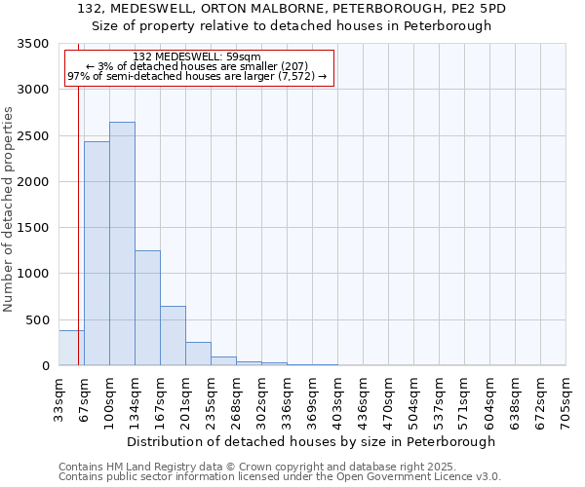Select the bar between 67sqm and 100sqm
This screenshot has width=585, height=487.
coord(97,253)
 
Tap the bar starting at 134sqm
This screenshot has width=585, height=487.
coord(147,308)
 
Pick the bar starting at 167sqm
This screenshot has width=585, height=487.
coord(173,336)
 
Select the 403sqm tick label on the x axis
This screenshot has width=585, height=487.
coord(337,399)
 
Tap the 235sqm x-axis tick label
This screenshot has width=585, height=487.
coord(211,399)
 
